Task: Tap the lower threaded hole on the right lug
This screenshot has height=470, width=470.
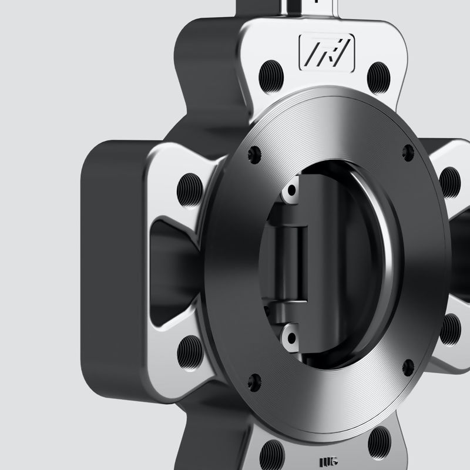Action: pos(449,330)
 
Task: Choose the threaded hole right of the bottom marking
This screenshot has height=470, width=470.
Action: pos(379,437)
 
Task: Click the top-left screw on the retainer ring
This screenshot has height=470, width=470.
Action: pos(254,153)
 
